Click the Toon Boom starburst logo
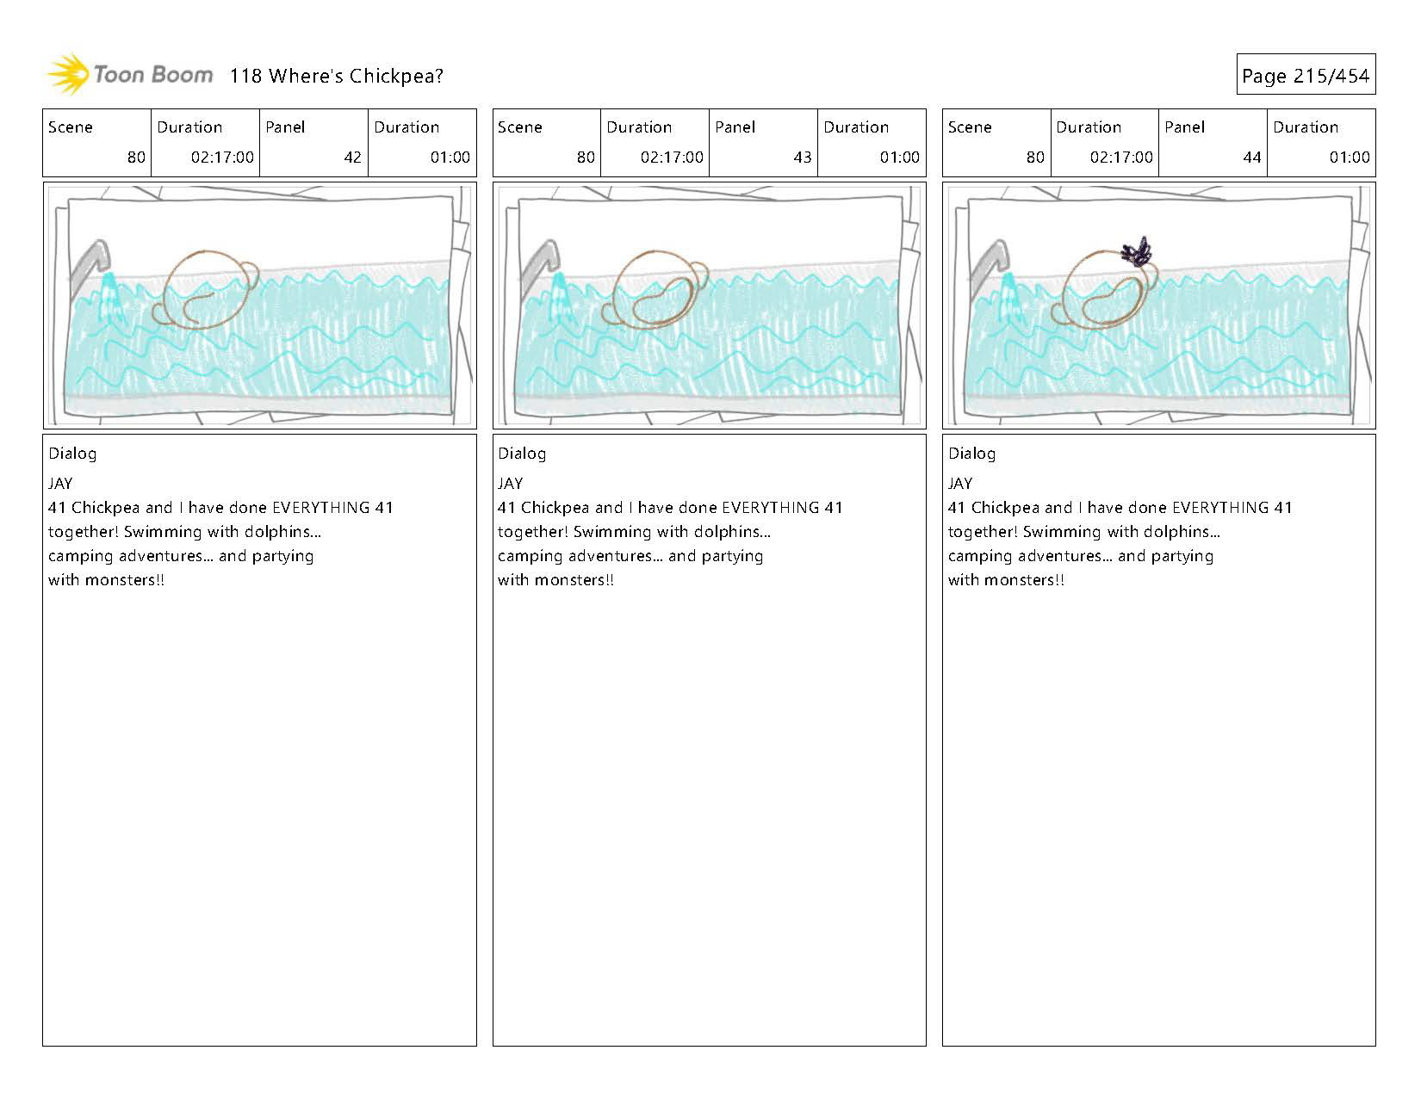(67, 74)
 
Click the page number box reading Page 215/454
(1306, 74)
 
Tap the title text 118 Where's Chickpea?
(336, 76)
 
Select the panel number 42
(352, 158)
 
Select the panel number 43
(803, 158)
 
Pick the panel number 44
(1251, 158)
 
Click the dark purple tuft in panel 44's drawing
(1136, 250)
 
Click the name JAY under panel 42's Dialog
(60, 484)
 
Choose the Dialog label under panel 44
(971, 454)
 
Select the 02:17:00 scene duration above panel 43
(672, 158)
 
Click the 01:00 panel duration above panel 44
(1349, 158)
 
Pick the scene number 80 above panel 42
(136, 158)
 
